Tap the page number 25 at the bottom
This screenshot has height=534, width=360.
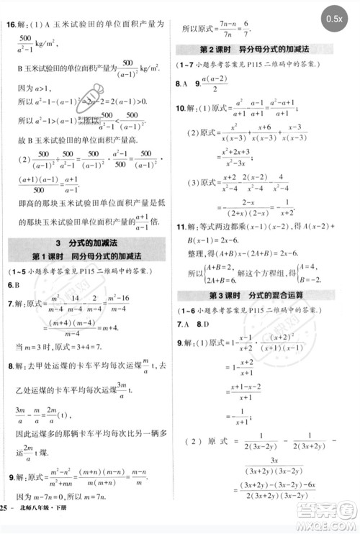[x=6, y=520]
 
